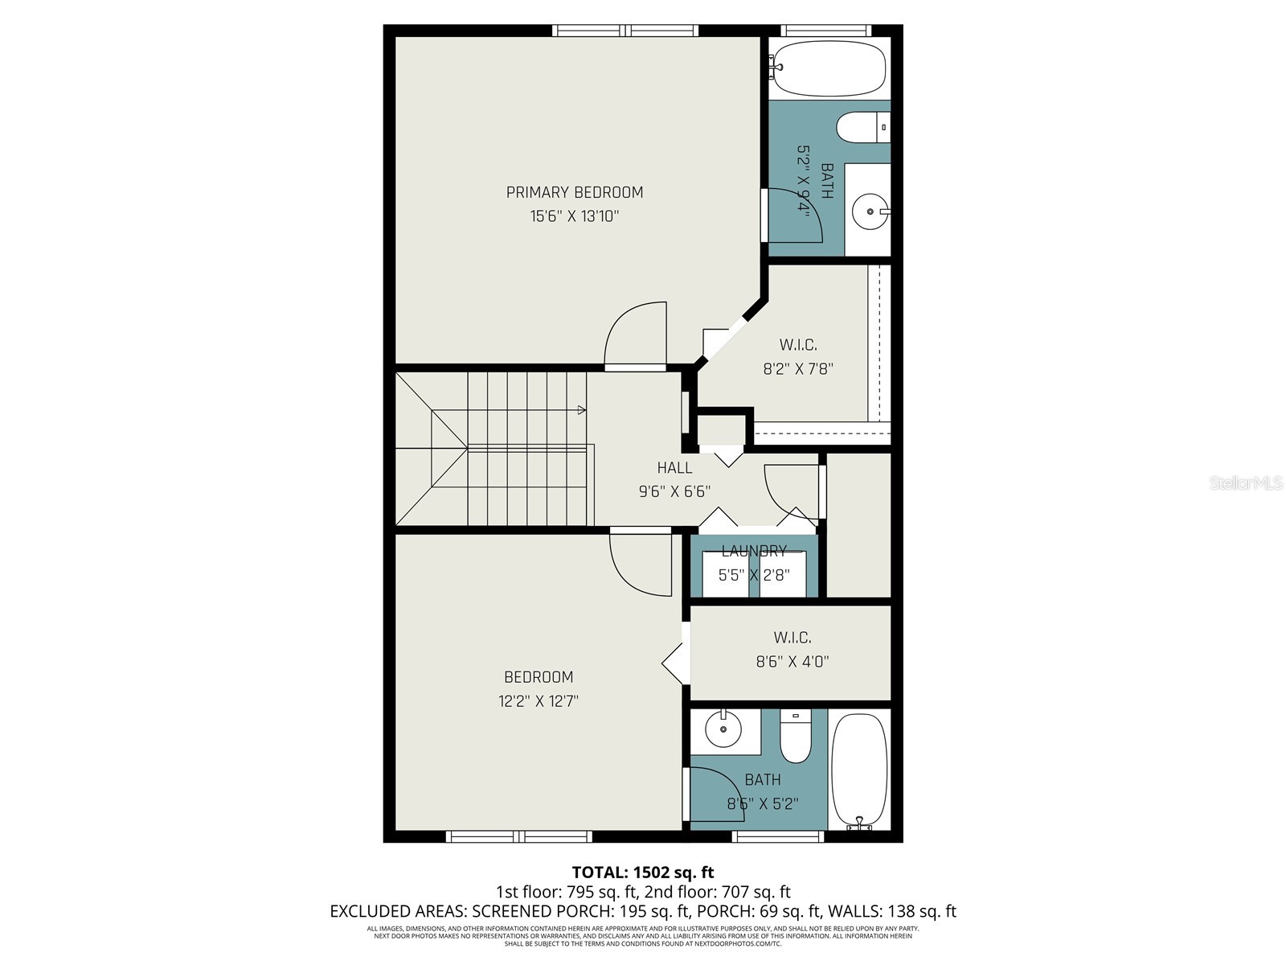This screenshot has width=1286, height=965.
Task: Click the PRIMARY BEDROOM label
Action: click(574, 192)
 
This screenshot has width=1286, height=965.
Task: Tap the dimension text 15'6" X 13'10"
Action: click(574, 216)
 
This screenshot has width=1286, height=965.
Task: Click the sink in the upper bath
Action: click(870, 211)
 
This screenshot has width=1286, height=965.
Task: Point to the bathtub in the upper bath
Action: click(828, 68)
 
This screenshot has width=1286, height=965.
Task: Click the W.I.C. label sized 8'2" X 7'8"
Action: click(797, 345)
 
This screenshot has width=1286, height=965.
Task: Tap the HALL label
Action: click(674, 468)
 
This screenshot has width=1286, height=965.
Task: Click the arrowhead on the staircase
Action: click(581, 410)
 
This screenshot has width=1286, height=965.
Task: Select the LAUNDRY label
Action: click(753, 551)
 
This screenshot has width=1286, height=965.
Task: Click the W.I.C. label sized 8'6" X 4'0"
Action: click(792, 638)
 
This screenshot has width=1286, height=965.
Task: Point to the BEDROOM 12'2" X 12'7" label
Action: click(539, 677)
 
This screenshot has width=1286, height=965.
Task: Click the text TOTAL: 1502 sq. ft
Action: click(642, 872)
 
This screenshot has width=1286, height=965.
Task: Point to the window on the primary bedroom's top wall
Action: click(625, 31)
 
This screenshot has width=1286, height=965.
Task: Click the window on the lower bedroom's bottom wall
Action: click(519, 837)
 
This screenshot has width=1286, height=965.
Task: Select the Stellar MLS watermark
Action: click(1246, 483)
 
